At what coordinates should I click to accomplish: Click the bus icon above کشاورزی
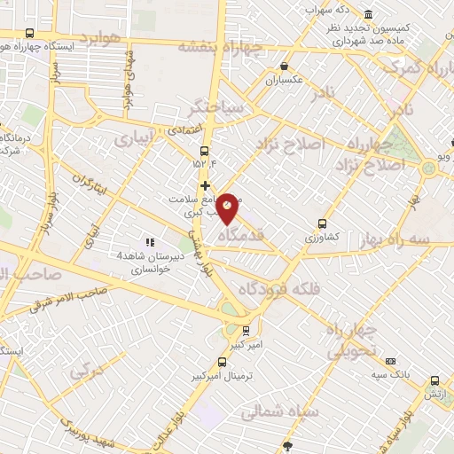coord(321,224)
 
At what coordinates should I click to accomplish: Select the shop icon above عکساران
coord(284,67)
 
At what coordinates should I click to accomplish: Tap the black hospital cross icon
coord(206,186)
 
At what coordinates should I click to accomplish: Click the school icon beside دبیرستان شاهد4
coord(149,241)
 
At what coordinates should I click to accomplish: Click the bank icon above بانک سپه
coord(391,361)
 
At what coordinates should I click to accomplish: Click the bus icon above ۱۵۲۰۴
coord(205,150)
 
